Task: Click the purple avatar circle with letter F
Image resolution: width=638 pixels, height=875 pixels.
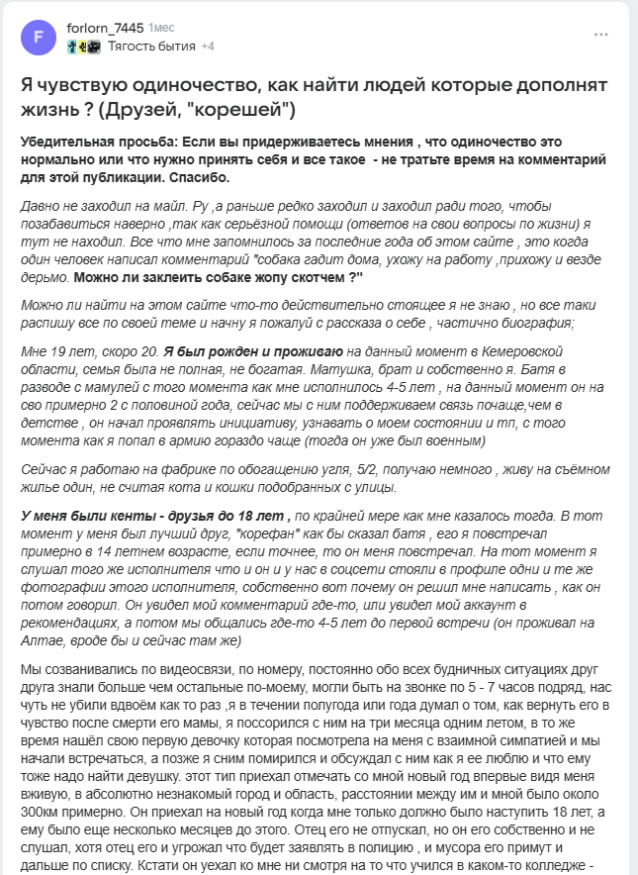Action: (x=39, y=38)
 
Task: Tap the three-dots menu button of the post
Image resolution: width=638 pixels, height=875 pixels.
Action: (x=601, y=35)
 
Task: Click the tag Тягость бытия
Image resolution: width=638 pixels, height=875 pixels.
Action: (x=152, y=47)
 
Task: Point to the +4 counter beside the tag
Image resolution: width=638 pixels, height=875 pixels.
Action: (x=208, y=47)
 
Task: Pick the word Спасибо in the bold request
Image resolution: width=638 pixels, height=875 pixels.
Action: (x=196, y=178)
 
